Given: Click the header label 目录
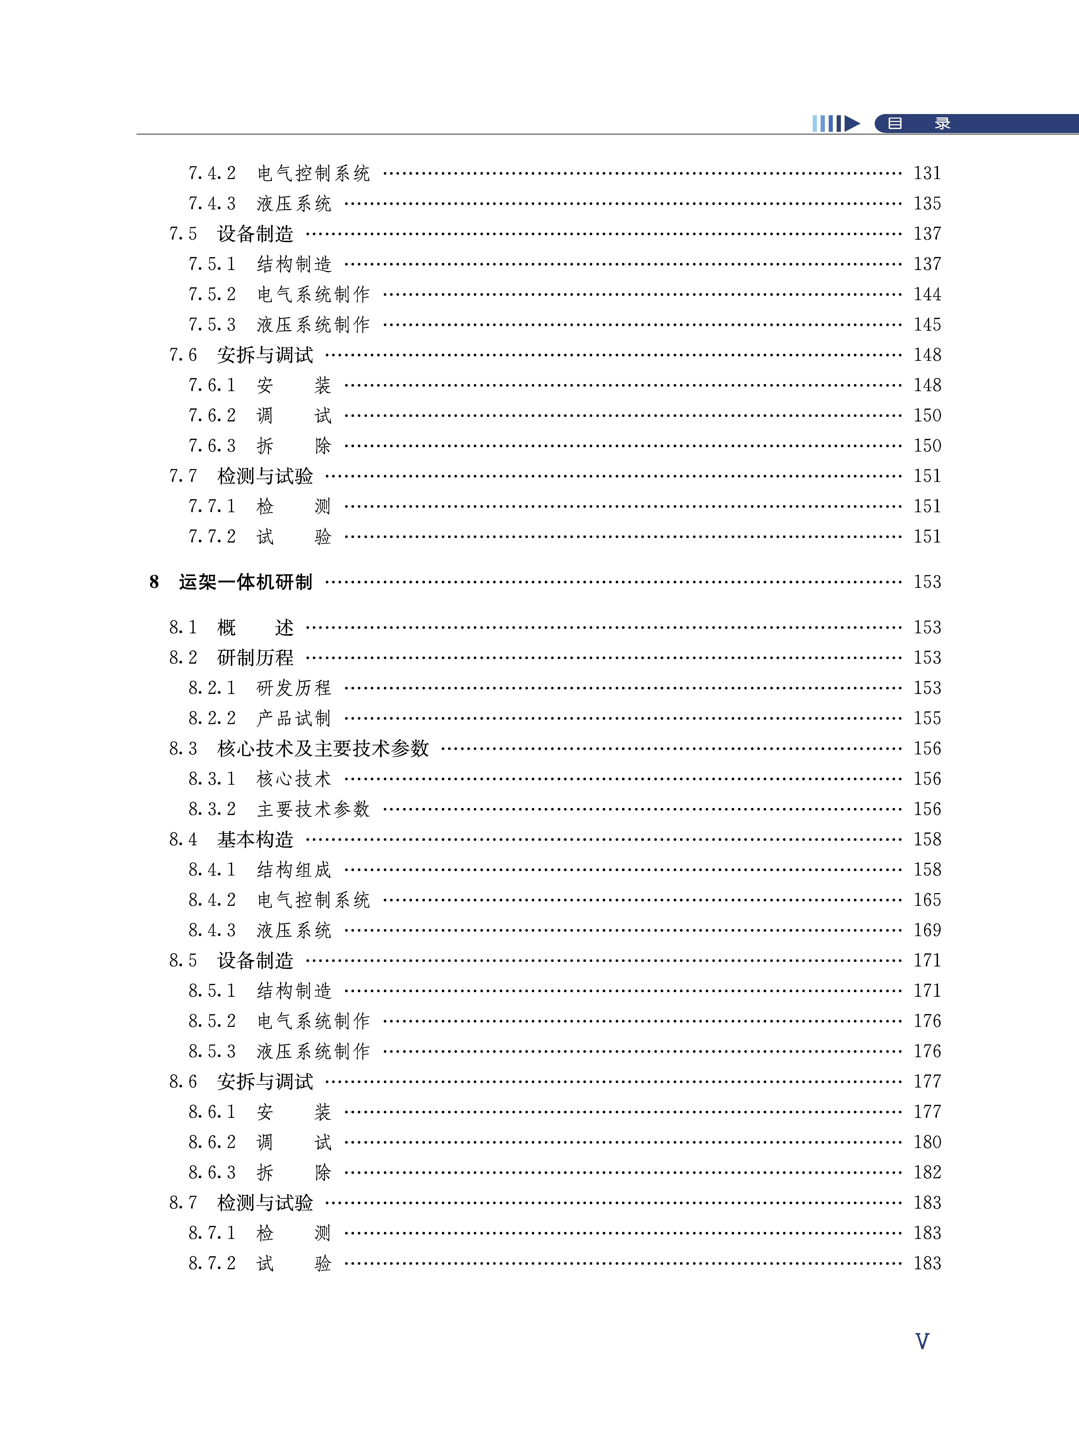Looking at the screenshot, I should (918, 123).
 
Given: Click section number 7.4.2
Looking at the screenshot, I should (212, 174).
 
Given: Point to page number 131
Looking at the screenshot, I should (927, 174).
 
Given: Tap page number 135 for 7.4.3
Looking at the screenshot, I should (927, 204).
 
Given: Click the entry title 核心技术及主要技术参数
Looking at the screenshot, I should (323, 749).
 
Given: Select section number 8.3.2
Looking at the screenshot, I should (212, 809).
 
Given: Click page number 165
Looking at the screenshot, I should (927, 900).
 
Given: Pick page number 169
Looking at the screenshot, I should (927, 930).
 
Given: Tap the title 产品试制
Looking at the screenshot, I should (294, 718).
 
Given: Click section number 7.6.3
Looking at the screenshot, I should (212, 446).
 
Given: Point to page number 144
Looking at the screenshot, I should (927, 295).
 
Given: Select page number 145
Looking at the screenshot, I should (927, 325).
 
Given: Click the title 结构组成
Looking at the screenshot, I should (294, 870).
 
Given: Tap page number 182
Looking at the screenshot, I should (927, 1173).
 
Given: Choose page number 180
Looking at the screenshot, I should (927, 1142).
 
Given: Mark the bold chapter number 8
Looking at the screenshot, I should (154, 582).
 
